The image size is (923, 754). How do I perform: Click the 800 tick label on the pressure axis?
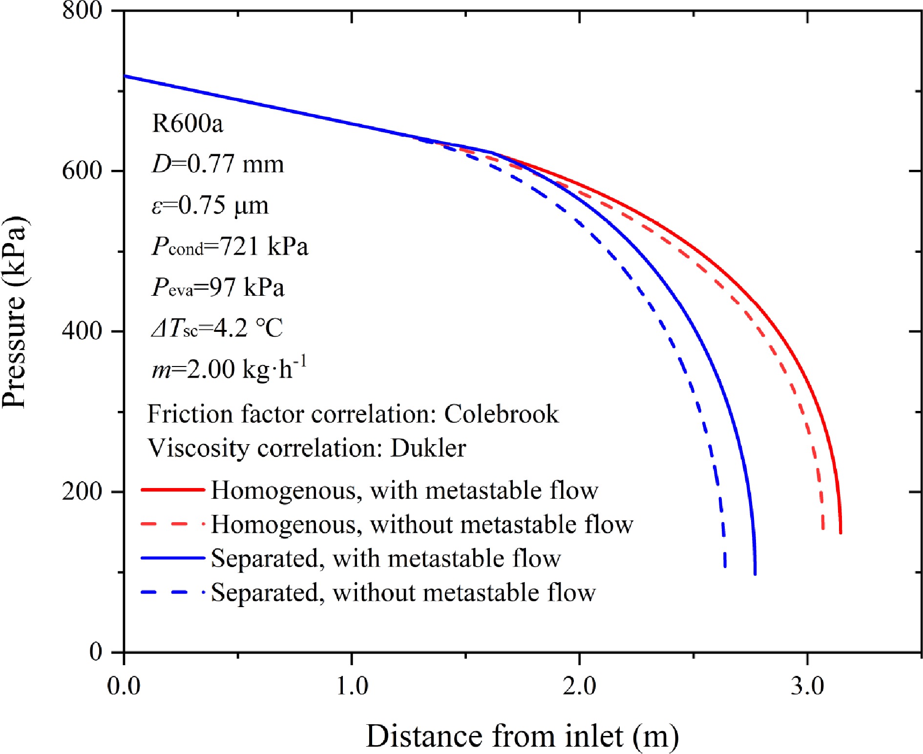coord(82,11)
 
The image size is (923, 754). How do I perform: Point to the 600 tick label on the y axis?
coord(82,171)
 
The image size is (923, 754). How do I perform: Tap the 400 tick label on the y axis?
coord(82,331)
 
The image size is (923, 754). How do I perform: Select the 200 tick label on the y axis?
coord(82,491)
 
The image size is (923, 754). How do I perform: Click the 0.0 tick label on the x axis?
coord(124,686)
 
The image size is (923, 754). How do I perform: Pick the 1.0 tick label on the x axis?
coord(352,686)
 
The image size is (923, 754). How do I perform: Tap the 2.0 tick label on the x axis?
coord(579,686)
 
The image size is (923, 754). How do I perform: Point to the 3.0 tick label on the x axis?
coord(807,686)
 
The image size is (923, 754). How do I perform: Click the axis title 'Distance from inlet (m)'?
coord(522,735)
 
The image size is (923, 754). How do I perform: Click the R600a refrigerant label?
coord(188,123)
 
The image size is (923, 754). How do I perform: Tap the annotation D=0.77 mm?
coord(218,164)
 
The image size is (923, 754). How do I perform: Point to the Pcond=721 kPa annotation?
coord(230,246)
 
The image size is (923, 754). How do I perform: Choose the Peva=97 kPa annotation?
coord(218,287)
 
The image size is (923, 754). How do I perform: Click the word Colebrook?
coord(501,414)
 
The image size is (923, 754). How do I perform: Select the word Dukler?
coord(428,448)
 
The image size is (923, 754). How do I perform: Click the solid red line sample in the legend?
coord(172,489)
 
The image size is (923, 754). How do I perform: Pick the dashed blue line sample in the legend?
coord(172,592)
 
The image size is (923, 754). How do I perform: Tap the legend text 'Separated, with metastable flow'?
coord(386,558)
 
